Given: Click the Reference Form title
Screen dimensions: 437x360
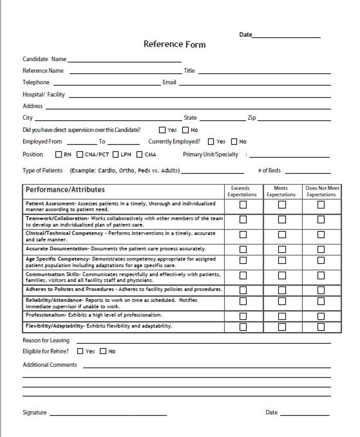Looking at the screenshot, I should pyautogui.click(x=174, y=44).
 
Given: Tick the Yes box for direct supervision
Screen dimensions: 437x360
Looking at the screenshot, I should pyautogui.click(x=162, y=130).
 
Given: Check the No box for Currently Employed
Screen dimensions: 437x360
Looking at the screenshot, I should pyautogui.click(x=234, y=142).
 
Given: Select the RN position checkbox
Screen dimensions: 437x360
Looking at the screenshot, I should pyautogui.click(x=59, y=155).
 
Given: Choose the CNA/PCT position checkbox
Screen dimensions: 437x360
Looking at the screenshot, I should pyautogui.click(x=80, y=155).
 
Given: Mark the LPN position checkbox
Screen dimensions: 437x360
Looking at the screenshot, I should pyautogui.click(x=116, y=155).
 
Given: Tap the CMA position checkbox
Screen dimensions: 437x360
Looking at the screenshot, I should pyautogui.click(x=140, y=155).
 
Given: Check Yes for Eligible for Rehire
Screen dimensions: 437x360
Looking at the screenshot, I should pyautogui.click(x=80, y=351).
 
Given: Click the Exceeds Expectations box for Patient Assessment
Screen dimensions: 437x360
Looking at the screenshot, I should pyautogui.click(x=243, y=205).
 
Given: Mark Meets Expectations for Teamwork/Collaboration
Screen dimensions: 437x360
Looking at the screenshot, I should pyautogui.click(x=282, y=219).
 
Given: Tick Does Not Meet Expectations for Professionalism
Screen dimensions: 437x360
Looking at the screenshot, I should pyautogui.click(x=321, y=316).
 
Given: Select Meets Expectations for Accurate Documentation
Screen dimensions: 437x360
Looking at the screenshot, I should pyautogui.click(x=282, y=249).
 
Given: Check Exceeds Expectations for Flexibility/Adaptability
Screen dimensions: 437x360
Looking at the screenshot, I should pyautogui.click(x=243, y=327).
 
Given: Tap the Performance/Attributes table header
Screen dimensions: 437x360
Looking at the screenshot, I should pyautogui.click(x=65, y=190).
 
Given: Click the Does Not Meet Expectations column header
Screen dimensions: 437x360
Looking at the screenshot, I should pyautogui.click(x=322, y=191).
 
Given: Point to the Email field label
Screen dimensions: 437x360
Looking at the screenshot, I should pyautogui.click(x=169, y=82).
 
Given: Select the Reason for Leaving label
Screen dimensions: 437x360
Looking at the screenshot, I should pyautogui.click(x=46, y=340).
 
